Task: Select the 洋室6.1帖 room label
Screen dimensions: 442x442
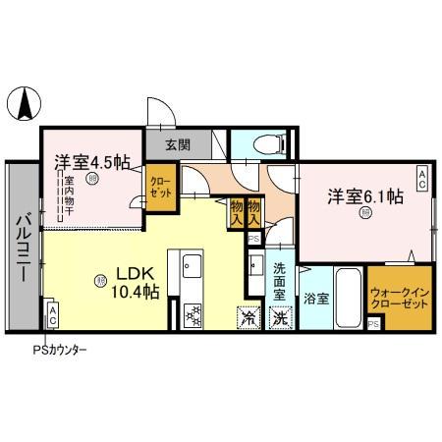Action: (364, 195)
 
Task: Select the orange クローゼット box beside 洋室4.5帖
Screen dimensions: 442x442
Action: (160, 186)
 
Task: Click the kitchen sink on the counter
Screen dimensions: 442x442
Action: (192, 265)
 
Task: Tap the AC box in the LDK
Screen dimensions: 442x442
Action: (52, 314)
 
